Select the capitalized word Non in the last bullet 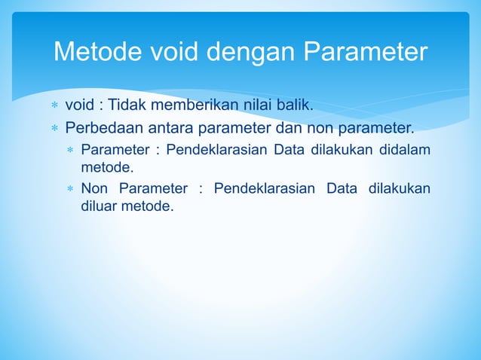pos(94,188)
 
